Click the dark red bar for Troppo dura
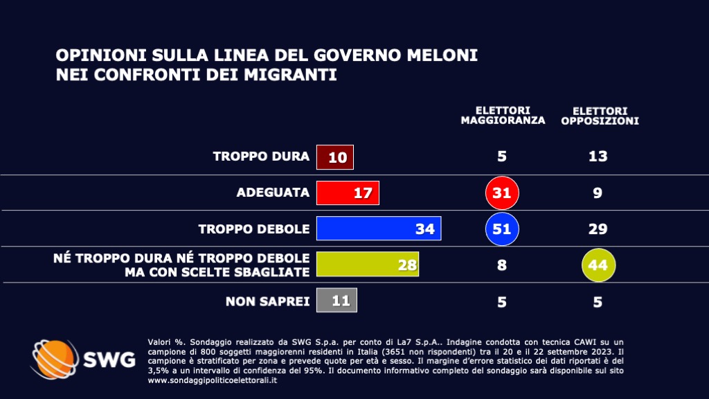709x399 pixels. pos(335,157)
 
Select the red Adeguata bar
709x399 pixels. pos(348,193)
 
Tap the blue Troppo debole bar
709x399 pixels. pos(379,229)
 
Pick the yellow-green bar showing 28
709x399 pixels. pos(368,265)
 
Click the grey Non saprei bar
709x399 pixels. pos(336,301)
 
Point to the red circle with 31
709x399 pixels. pos(502,193)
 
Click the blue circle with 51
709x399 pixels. pos(502,229)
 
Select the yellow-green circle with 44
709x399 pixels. pos(598,265)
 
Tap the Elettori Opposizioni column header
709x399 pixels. pos(600,115)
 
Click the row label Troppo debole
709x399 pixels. pos(253,229)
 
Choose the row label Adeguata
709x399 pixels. pos(273,193)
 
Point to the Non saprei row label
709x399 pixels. pos(267,301)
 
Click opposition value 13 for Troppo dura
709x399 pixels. pos(598,157)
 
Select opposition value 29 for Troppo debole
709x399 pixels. pos(598,229)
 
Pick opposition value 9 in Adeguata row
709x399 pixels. pos(598,193)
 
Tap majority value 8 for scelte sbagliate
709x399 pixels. pos(502,265)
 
